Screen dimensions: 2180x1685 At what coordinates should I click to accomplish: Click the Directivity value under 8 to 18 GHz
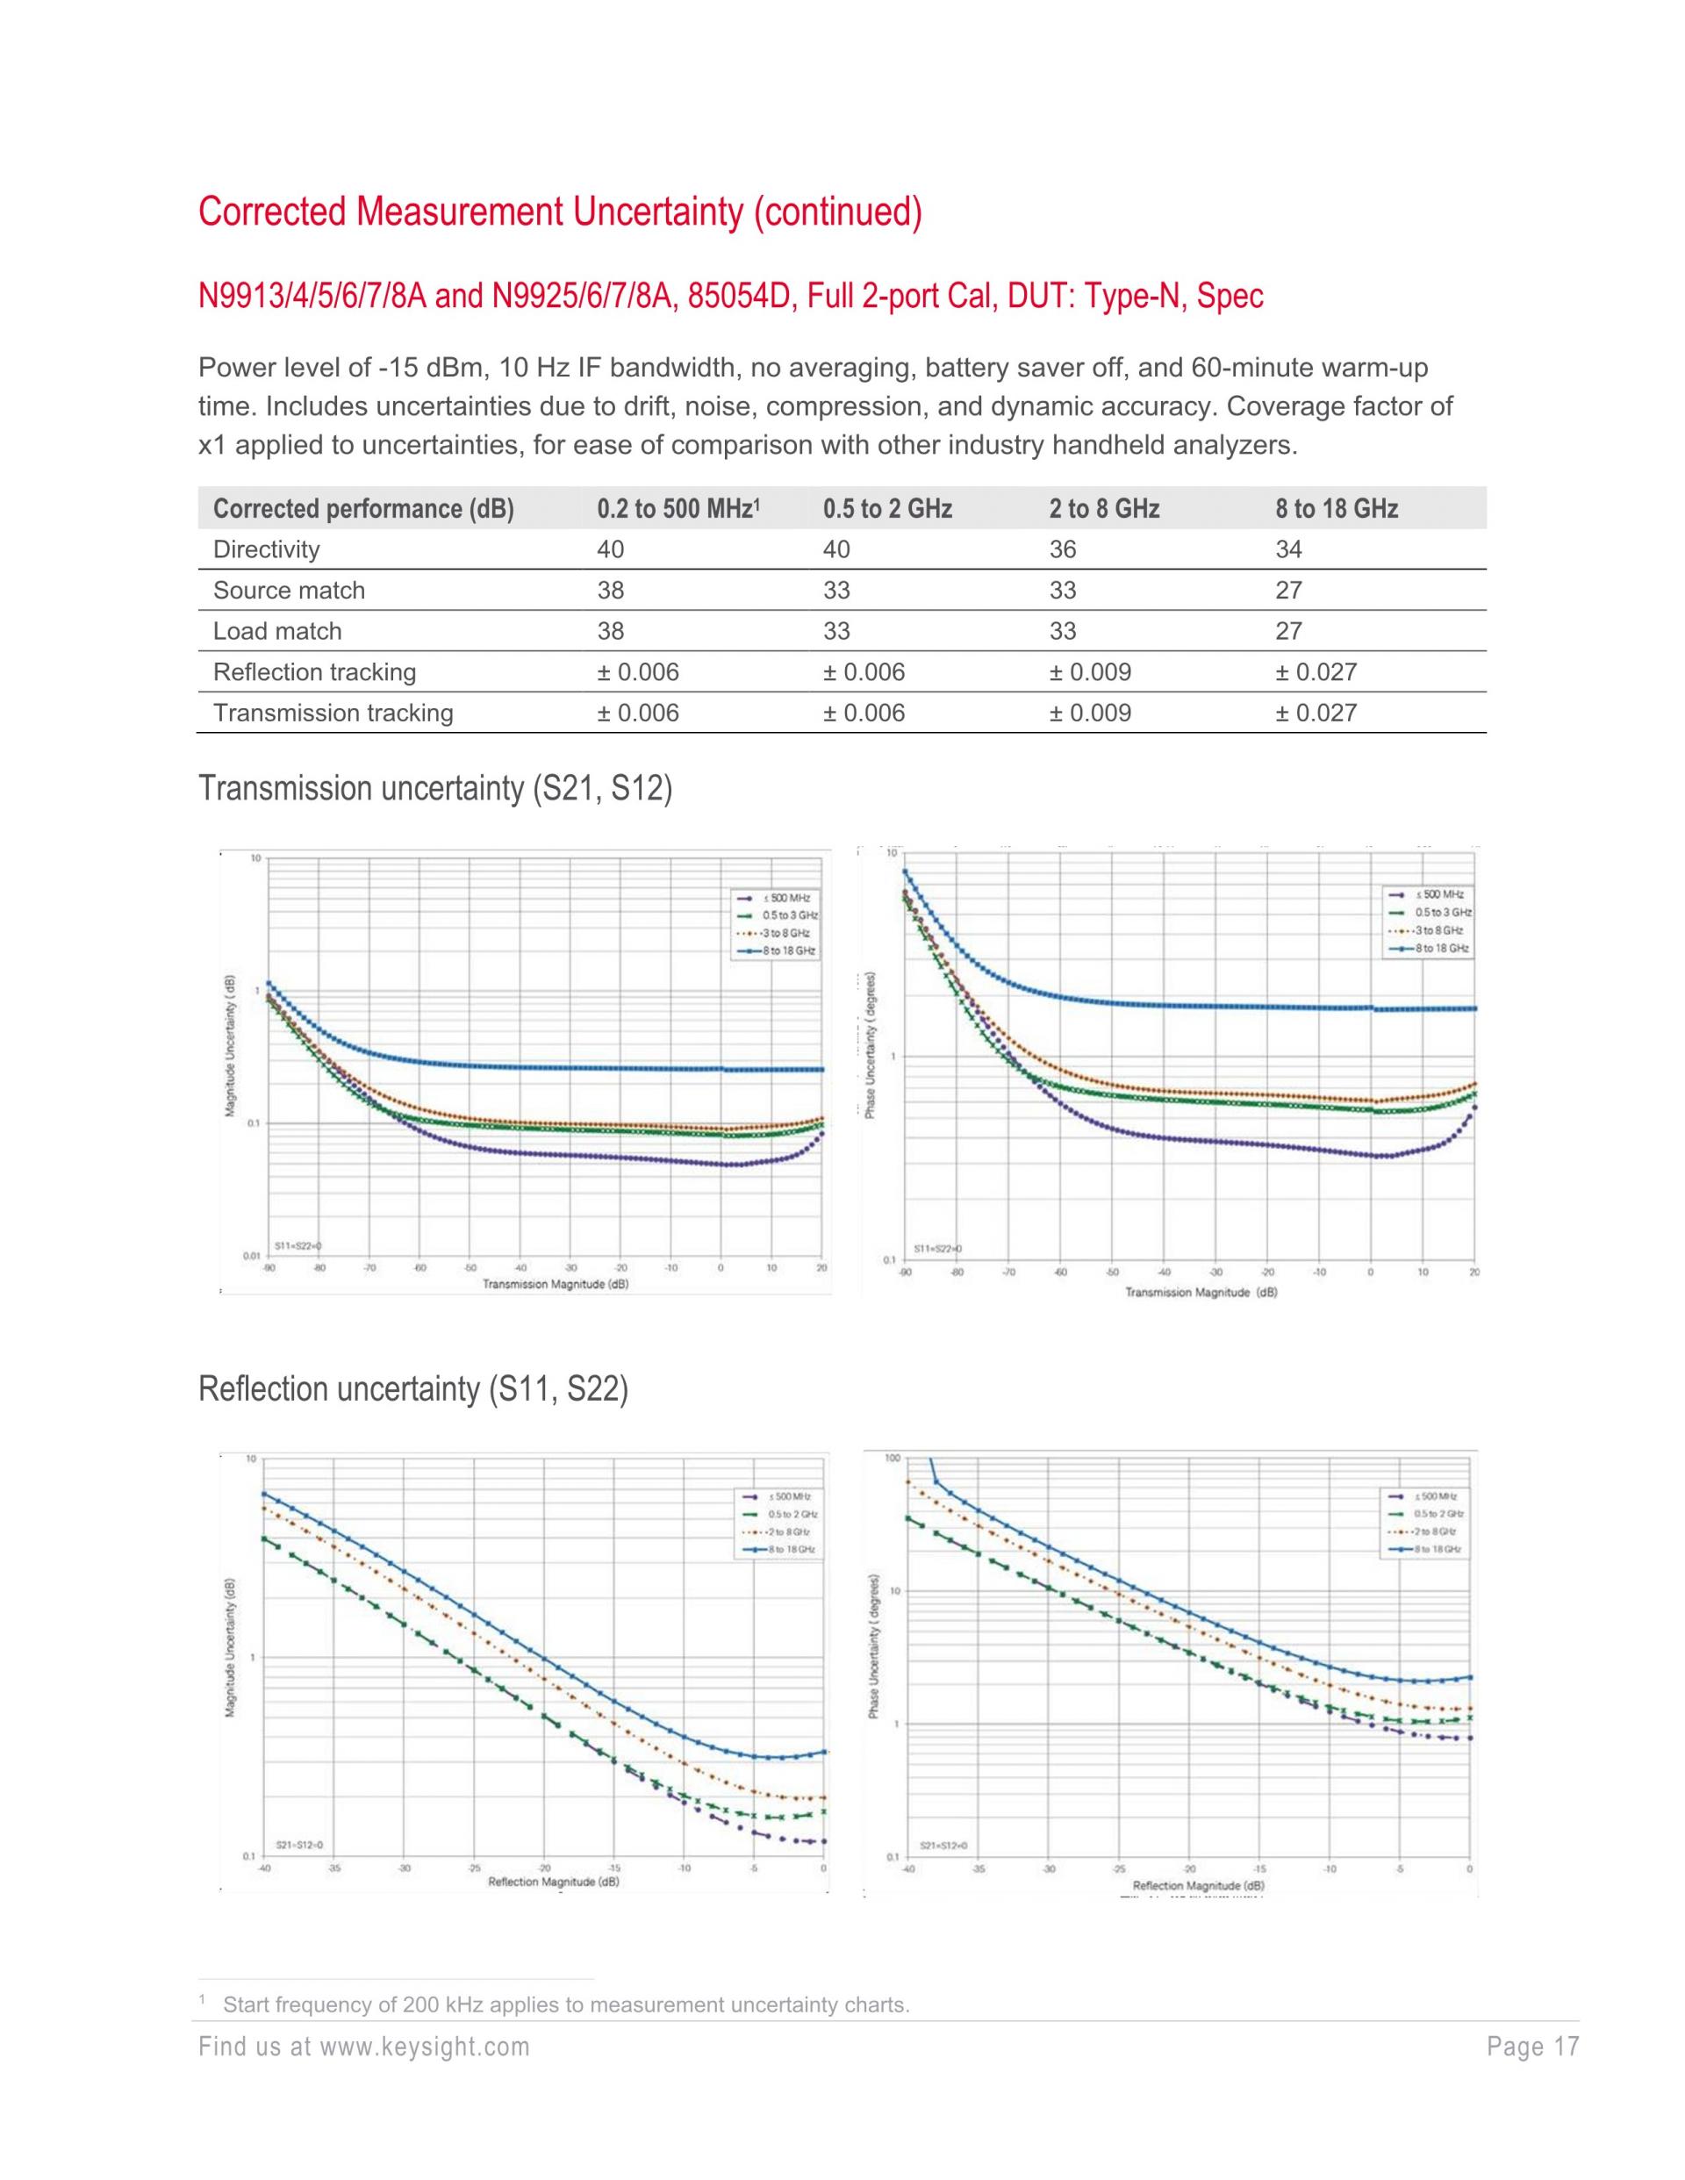point(1287,549)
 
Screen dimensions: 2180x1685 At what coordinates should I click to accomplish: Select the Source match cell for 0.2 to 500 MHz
point(610,590)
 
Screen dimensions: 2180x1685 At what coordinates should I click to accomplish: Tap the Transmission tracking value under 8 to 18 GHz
point(1315,713)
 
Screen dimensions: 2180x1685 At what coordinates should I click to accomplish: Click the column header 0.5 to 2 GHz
point(886,509)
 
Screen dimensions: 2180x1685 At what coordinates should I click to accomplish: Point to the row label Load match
point(276,631)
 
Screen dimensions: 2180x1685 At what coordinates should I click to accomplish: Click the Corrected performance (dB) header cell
point(362,509)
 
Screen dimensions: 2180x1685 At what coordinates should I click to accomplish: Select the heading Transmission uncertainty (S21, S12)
point(435,789)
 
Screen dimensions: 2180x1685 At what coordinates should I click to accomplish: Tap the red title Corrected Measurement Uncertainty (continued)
point(560,212)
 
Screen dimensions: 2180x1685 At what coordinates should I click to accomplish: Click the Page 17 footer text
point(1532,2047)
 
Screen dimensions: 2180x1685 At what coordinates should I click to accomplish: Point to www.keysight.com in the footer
point(423,2047)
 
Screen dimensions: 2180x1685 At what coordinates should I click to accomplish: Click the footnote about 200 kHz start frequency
point(566,2004)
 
